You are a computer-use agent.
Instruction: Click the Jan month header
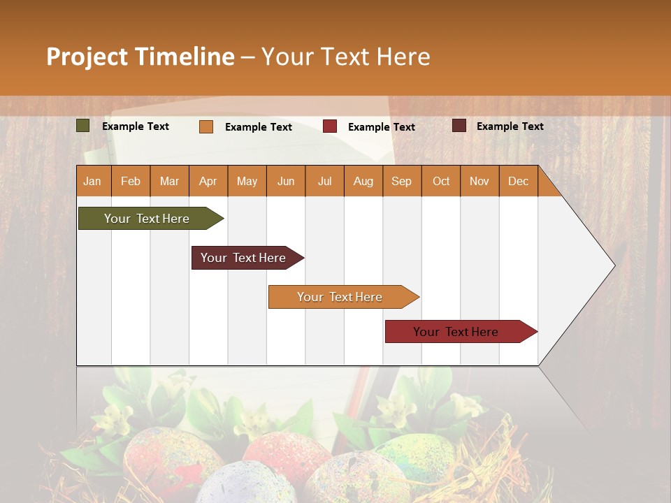point(93,182)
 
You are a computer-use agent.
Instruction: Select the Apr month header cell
point(208,182)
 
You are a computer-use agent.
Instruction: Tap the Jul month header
point(324,182)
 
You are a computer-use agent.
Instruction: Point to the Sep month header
point(402,182)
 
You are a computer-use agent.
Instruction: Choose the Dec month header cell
point(518,182)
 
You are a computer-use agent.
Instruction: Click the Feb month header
point(131,182)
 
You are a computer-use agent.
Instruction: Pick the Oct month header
point(441,182)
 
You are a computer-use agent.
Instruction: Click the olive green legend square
point(83,126)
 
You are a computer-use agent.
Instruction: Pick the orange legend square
point(206,126)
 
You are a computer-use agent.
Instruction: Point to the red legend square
point(330,126)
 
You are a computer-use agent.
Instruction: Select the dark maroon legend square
point(459,126)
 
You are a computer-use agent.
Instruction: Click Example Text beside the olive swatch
point(136,126)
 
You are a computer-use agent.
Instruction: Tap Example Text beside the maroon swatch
point(510,126)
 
